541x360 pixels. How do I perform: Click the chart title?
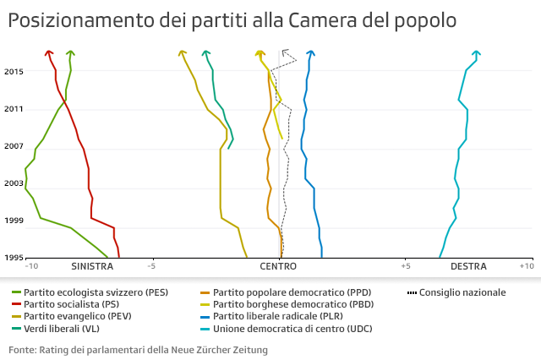click(x=233, y=19)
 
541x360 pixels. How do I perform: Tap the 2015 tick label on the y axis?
click(x=14, y=72)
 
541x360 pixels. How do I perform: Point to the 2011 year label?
click(x=14, y=109)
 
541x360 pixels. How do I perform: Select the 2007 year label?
click(x=14, y=146)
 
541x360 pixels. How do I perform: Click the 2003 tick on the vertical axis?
click(x=14, y=183)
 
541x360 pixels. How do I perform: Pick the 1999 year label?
click(x=14, y=221)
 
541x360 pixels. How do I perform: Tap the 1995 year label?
click(x=14, y=258)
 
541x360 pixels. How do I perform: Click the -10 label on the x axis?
click(x=32, y=266)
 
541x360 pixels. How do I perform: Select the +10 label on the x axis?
click(x=526, y=266)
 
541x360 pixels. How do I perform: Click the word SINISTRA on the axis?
click(x=92, y=266)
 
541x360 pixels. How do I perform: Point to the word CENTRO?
click(x=278, y=266)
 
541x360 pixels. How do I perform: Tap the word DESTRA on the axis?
click(x=467, y=266)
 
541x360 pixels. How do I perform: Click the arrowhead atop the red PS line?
click(x=49, y=53)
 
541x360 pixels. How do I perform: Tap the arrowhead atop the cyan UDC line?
click(x=477, y=53)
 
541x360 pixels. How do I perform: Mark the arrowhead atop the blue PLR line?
click(x=311, y=53)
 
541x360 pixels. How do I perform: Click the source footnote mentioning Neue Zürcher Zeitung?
click(x=138, y=349)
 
